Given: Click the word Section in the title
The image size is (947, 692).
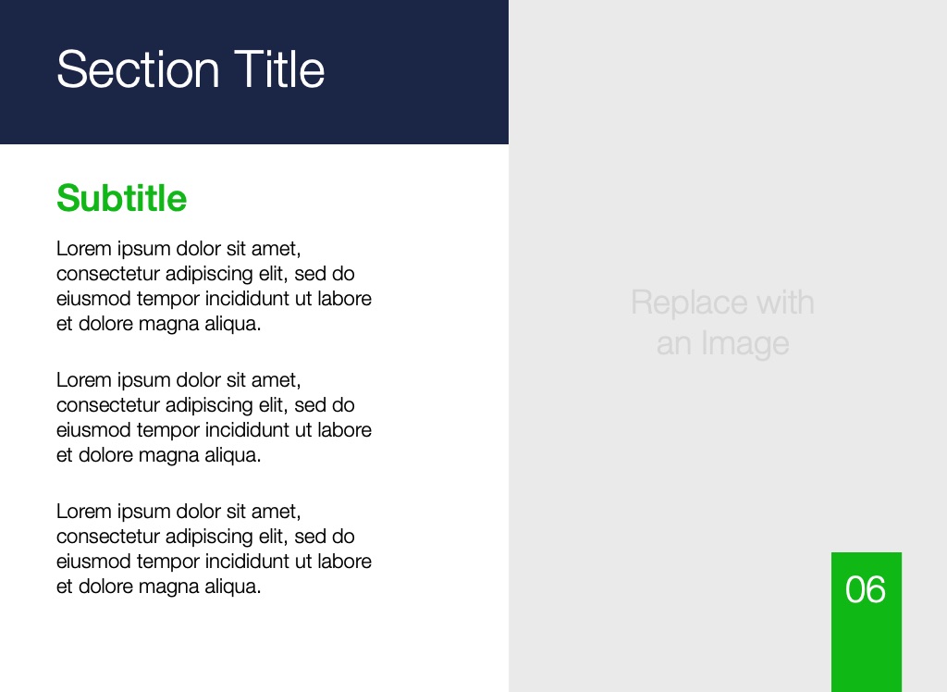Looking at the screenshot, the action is pyautogui.click(x=138, y=69).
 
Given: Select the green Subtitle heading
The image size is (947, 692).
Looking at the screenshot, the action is pyautogui.click(x=121, y=198).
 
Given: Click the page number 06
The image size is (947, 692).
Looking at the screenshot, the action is pyautogui.click(x=866, y=589).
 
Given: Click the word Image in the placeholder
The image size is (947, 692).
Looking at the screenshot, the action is pyautogui.click(x=744, y=344).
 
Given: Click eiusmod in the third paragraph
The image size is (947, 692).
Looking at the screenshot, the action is pyautogui.click(x=93, y=561).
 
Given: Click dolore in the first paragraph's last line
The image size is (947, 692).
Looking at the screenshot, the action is pyautogui.click(x=105, y=324).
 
